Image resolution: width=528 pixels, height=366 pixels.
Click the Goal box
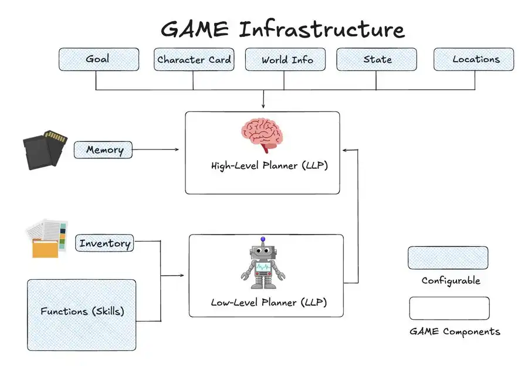(99, 59)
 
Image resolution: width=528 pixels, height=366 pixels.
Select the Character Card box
(194, 59)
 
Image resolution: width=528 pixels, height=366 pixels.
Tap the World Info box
(287, 59)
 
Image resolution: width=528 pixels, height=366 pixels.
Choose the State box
(377, 59)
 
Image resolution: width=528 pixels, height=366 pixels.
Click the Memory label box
(103, 150)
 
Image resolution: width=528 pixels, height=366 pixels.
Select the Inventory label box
(104, 243)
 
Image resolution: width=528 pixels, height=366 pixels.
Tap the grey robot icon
(263, 266)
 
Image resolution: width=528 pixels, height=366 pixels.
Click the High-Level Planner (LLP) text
(269, 166)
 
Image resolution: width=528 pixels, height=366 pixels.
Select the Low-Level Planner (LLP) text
(269, 303)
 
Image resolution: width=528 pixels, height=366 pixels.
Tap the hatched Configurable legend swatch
(448, 257)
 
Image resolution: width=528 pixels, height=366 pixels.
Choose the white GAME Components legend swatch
(449, 308)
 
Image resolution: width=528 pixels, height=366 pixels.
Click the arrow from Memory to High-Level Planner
(155, 150)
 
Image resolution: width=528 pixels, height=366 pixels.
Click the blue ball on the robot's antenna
(263, 239)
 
